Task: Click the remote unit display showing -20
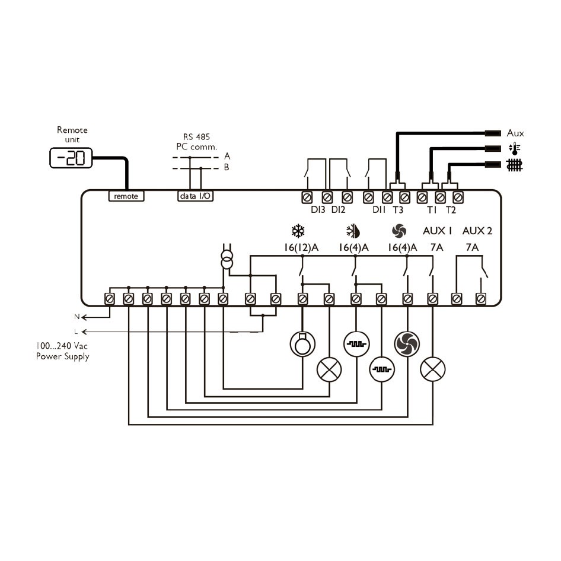click(71, 158)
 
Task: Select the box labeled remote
click(126, 196)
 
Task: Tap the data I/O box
click(195, 196)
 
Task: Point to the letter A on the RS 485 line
click(227, 156)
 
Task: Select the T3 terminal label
click(398, 209)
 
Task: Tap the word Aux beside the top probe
click(515, 133)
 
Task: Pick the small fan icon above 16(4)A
click(398, 231)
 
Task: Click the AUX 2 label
click(477, 231)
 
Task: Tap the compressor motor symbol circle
click(302, 342)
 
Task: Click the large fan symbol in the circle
click(407, 342)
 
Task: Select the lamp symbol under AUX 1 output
click(432, 370)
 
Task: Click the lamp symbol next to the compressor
click(329, 370)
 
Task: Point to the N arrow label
click(76, 317)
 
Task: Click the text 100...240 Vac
click(62, 346)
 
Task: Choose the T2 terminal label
click(451, 209)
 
